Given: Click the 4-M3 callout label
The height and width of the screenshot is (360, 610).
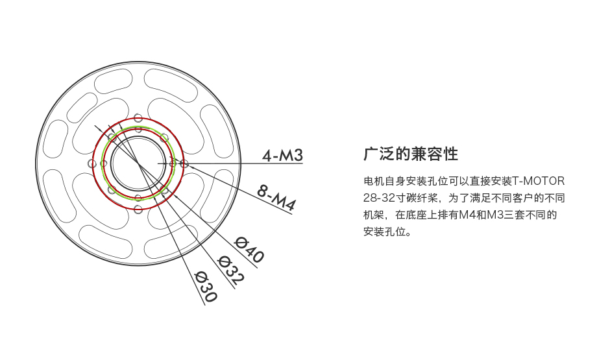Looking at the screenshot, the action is [282, 156].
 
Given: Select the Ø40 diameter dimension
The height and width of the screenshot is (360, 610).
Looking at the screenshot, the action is [249, 249].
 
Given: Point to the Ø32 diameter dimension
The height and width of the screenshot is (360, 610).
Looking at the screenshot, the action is [231, 270].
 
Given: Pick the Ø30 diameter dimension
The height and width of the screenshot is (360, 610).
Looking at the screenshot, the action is [206, 286].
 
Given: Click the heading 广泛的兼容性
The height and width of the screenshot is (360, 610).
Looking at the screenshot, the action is [411, 154].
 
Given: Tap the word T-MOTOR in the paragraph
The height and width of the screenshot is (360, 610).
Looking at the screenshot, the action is [538, 181].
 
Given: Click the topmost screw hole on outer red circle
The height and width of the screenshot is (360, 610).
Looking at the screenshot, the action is [138, 118].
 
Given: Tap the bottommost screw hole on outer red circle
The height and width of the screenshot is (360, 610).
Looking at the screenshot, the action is [138, 210].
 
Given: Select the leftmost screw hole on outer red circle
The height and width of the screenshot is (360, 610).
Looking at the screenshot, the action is [92, 163].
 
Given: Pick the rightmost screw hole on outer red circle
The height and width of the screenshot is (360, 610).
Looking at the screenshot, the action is [184, 163].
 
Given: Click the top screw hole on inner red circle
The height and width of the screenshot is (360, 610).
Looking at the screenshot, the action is [138, 129].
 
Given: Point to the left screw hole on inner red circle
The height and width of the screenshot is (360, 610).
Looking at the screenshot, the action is [103, 163].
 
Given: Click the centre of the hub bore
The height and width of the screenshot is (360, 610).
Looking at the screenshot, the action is [138, 163].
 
